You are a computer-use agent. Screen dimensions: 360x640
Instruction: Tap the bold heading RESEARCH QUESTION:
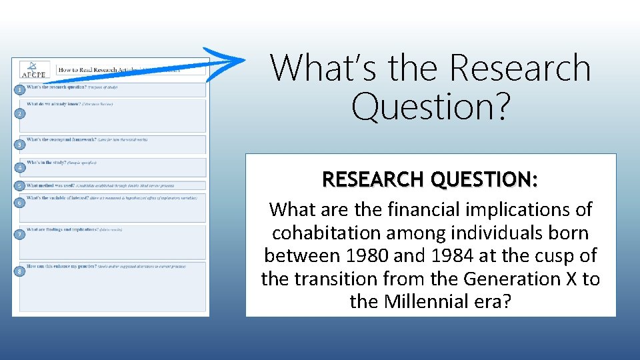(x=430, y=179)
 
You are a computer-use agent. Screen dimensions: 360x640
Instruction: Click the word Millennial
(x=429, y=301)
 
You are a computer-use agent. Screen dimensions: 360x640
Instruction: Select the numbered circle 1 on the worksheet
(x=21, y=89)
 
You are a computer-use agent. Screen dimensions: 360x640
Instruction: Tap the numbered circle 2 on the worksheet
(x=21, y=114)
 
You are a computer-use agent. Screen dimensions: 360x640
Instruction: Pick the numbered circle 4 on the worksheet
(x=21, y=167)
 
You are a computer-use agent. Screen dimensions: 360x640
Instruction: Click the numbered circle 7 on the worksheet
(x=21, y=235)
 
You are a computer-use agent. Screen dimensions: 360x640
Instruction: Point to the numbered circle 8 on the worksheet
(x=21, y=271)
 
